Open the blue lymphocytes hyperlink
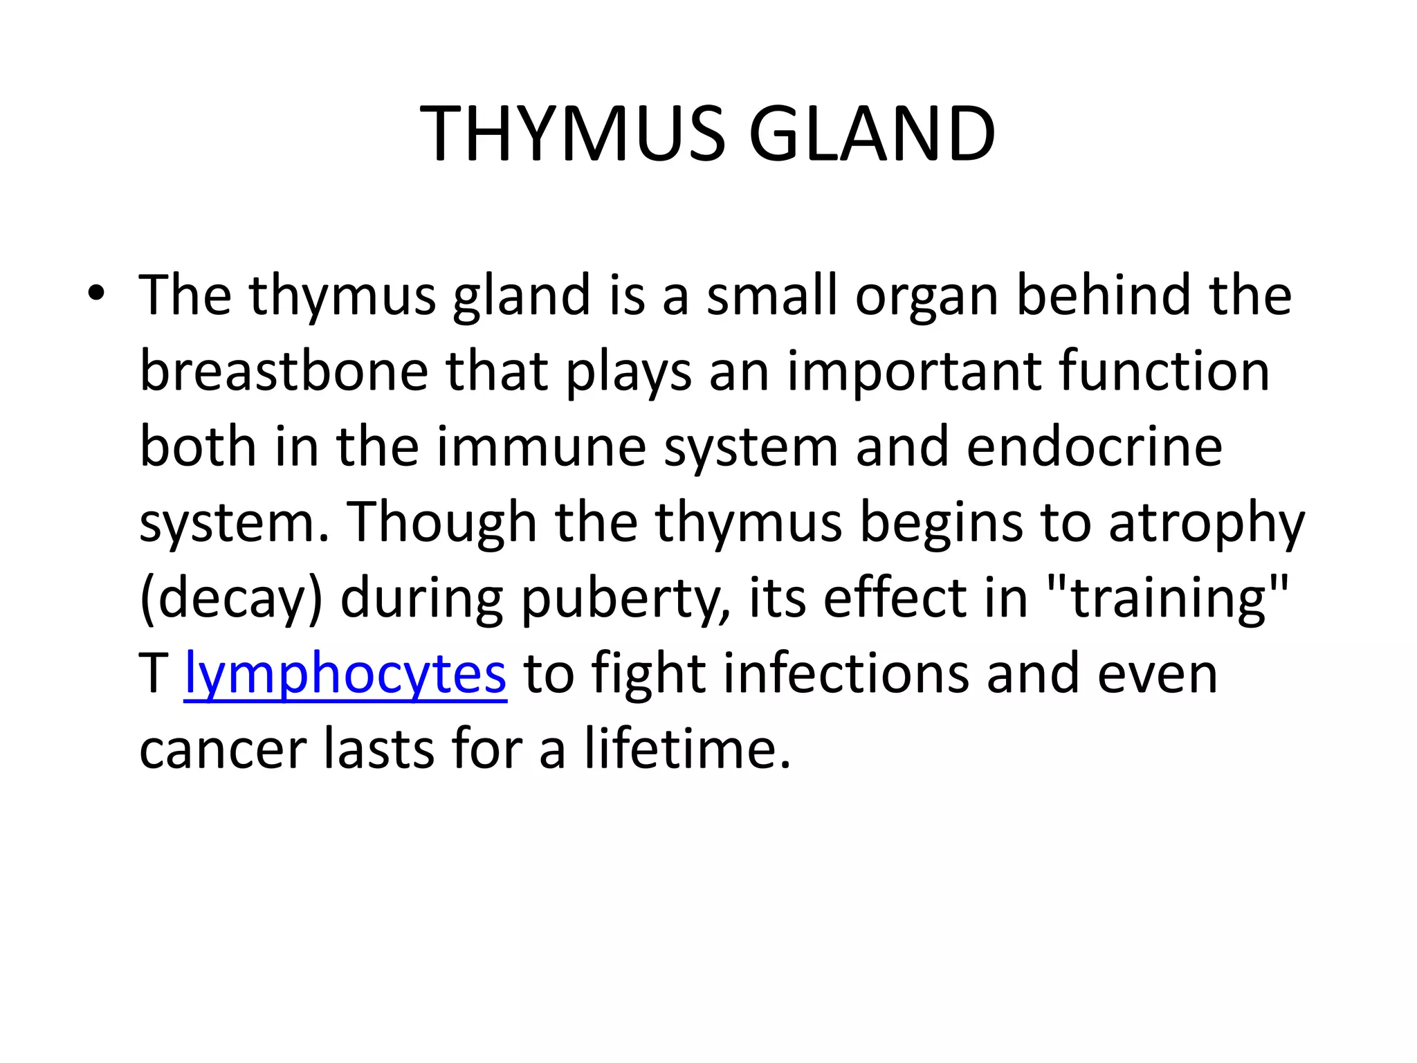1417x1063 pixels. [345, 675]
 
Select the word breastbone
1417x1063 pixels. [284, 371]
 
